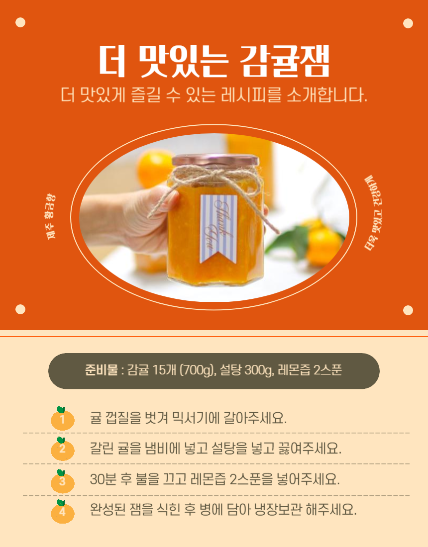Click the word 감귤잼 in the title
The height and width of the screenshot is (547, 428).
pos(285,61)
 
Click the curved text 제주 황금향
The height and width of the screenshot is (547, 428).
pos(51,216)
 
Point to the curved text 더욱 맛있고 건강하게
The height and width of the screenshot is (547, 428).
pos(373,213)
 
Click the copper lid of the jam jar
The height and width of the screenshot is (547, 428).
pos(215,160)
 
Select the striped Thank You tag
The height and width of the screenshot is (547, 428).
pos(218,229)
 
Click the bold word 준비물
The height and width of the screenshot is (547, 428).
pos(101,370)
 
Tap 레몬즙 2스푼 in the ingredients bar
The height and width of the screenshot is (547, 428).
pos(310,370)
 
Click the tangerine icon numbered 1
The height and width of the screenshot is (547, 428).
pos(63,419)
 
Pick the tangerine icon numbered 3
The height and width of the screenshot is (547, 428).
pos(63,481)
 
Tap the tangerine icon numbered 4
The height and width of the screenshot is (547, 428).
pos(63,512)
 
